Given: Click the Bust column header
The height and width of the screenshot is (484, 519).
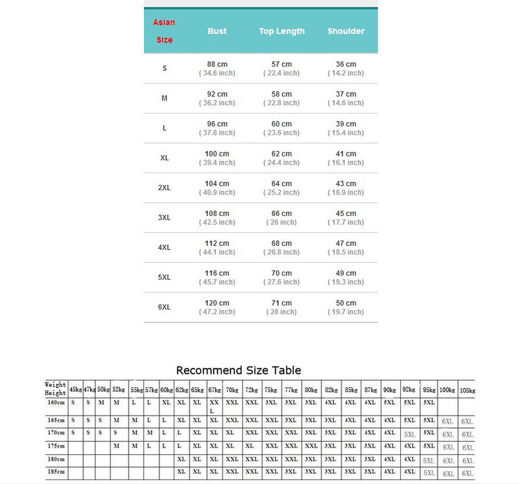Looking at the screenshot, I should coord(217,31).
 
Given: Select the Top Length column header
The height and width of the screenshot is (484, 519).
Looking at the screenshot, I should coord(282,31).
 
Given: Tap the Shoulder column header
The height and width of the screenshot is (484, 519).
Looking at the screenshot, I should coord(346,31).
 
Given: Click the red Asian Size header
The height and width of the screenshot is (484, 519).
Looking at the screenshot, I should coord(164,31).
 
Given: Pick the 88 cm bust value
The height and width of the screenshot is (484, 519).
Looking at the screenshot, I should coord(217,64).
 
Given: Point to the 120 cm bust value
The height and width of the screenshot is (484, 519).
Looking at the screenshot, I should coord(217,303).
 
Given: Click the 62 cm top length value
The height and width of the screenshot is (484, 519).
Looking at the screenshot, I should coord(282,154).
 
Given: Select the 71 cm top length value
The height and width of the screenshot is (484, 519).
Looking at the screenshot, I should coord(282,303).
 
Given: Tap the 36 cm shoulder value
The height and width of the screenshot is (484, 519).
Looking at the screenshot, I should coord(346,64).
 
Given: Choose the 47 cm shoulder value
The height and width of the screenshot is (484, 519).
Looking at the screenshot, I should coord(346,243).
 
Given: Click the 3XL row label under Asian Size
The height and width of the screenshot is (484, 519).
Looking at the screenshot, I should coord(164,218).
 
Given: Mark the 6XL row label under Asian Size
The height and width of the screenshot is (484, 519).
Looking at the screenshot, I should coord(164,308).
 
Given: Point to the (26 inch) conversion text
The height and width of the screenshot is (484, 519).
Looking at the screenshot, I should coord(282,223).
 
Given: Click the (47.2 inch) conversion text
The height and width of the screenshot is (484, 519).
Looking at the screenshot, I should coord(217,312).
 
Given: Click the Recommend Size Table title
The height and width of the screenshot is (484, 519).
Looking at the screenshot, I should coord(239,370).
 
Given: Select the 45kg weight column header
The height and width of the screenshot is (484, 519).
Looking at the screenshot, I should coord(75,389).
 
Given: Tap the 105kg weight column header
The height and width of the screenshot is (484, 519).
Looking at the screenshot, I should coord(467,390).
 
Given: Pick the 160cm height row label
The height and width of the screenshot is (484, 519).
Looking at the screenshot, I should coord(55,402).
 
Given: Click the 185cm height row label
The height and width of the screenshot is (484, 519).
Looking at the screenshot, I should coord(55,472).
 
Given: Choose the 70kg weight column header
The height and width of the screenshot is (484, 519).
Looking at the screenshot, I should coord(232,389).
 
